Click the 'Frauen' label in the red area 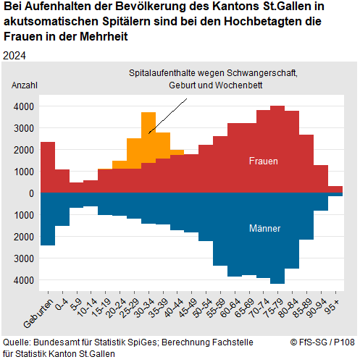(262, 161)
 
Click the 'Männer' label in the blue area (264, 228)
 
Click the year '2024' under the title (14, 56)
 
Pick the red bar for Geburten (48, 167)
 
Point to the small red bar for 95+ (335, 190)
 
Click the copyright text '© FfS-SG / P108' (322, 342)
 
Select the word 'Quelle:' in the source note (18, 342)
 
